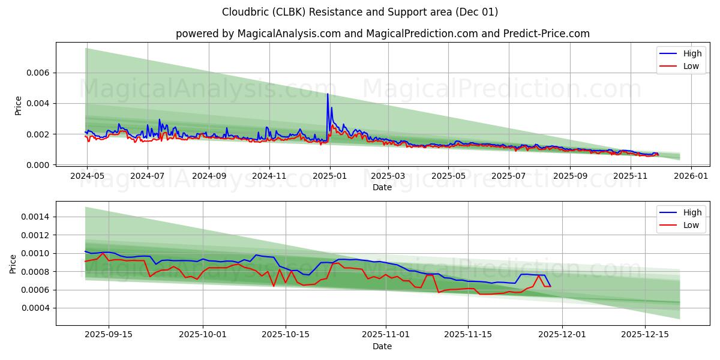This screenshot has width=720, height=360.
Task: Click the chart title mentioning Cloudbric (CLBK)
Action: click(x=360, y=12)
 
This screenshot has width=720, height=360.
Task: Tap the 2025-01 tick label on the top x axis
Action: click(x=329, y=176)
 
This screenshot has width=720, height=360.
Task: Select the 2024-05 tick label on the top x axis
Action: click(x=87, y=176)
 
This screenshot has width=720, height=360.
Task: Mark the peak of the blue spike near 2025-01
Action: click(x=328, y=94)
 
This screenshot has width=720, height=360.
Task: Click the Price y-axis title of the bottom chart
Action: click(x=13, y=263)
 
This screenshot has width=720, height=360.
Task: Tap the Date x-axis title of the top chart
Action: click(x=382, y=187)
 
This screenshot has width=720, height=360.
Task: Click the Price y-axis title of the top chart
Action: click(x=18, y=105)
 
